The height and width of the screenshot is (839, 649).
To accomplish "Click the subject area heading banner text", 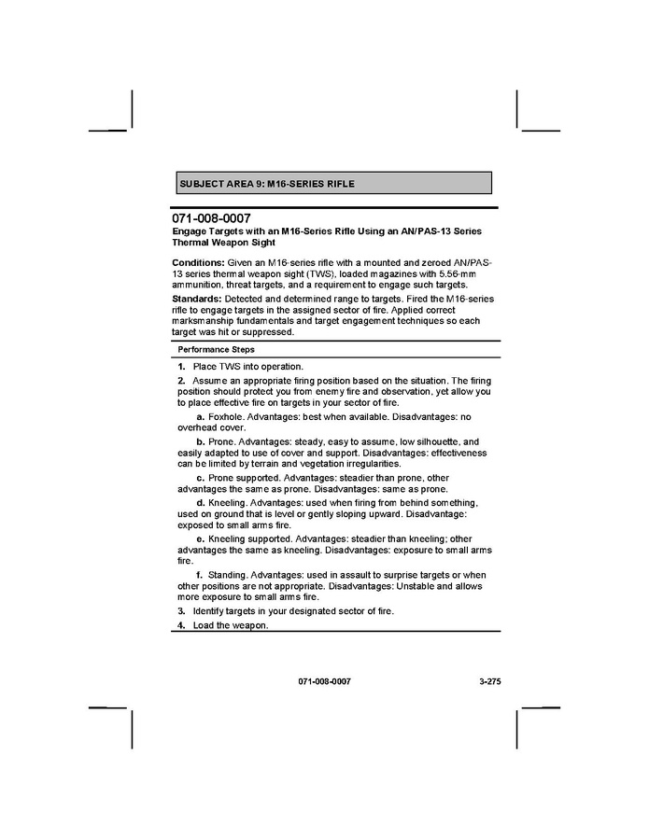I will click(x=266, y=184).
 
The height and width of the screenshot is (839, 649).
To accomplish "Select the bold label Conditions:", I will click(x=199, y=263).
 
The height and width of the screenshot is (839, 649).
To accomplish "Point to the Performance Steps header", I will click(x=217, y=349).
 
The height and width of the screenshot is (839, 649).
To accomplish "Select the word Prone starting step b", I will click(x=221, y=441).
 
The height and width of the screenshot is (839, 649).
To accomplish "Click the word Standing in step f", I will click(x=227, y=575).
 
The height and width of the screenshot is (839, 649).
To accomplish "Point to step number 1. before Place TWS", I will click(x=182, y=367).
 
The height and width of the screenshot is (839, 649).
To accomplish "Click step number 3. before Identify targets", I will click(x=182, y=611).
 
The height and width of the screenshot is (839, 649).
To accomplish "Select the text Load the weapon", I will click(x=231, y=625).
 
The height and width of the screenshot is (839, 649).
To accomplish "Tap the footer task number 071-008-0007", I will click(x=325, y=682).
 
